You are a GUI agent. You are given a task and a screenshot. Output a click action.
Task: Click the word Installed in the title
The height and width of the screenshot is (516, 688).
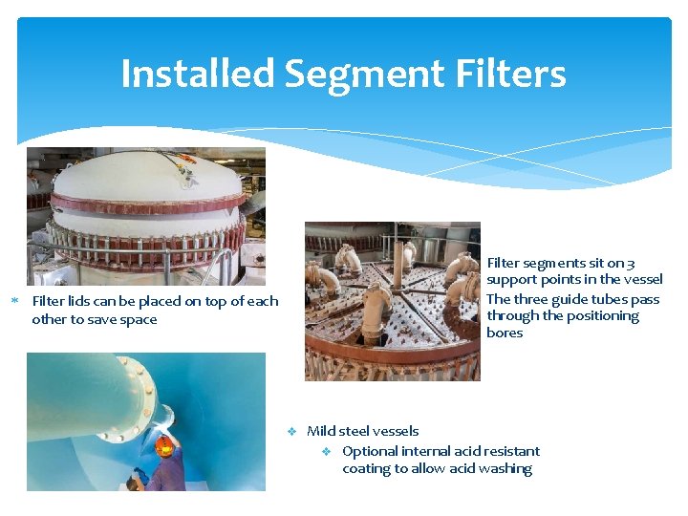(x=197, y=74)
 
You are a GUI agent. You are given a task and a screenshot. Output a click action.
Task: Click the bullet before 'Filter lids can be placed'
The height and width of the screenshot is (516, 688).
(x=14, y=302)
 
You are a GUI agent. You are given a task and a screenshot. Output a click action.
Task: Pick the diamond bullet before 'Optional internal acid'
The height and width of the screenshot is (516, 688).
(x=326, y=451)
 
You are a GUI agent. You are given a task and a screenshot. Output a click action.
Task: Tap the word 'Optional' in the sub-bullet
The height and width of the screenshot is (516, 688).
(x=371, y=451)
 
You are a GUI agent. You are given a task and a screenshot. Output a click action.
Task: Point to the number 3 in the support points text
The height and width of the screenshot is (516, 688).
(x=657, y=263)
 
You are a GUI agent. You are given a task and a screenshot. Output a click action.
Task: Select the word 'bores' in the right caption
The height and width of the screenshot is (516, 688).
(x=505, y=333)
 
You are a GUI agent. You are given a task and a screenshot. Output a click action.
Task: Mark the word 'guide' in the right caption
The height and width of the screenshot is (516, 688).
(x=571, y=298)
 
